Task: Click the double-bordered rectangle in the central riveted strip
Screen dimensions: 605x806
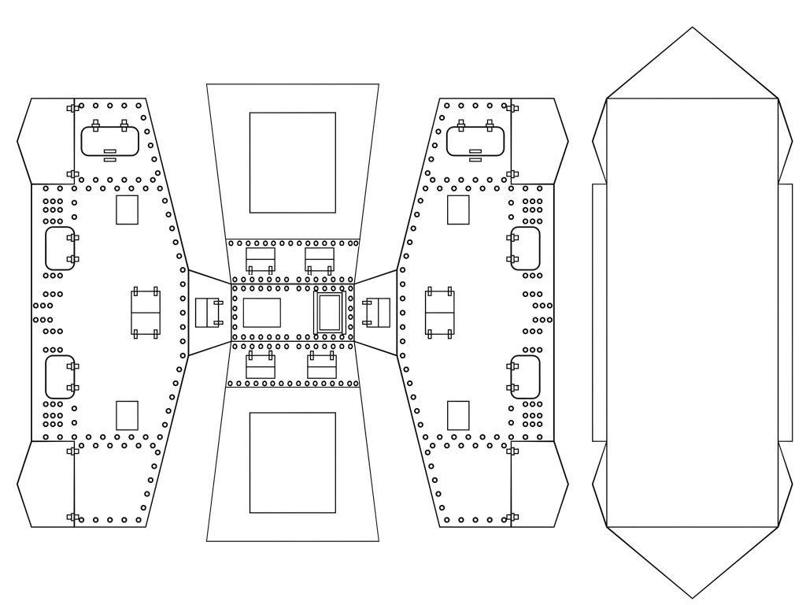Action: [329, 313]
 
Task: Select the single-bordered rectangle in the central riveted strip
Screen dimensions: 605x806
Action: [261, 313]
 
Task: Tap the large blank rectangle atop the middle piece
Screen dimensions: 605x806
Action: [292, 162]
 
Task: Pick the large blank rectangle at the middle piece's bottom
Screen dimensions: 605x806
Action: [292, 462]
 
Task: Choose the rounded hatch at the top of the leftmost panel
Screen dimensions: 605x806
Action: [111, 142]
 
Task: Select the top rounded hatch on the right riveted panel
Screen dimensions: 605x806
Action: [475, 142]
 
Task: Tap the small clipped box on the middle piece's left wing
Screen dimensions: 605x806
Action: [209, 313]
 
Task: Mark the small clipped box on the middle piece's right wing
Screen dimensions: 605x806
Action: [377, 313]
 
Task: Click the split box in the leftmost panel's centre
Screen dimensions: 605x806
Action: [146, 313]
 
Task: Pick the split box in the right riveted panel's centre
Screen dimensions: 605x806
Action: [440, 313]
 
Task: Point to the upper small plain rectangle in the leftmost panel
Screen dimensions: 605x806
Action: [127, 210]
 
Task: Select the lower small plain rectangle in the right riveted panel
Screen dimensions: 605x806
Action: [458, 415]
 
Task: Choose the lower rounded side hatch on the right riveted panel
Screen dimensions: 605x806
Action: [525, 377]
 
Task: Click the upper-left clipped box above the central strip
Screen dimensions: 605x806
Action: [261, 260]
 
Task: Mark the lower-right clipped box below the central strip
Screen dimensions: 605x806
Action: [321, 366]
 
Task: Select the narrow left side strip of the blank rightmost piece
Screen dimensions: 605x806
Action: [599, 313]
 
